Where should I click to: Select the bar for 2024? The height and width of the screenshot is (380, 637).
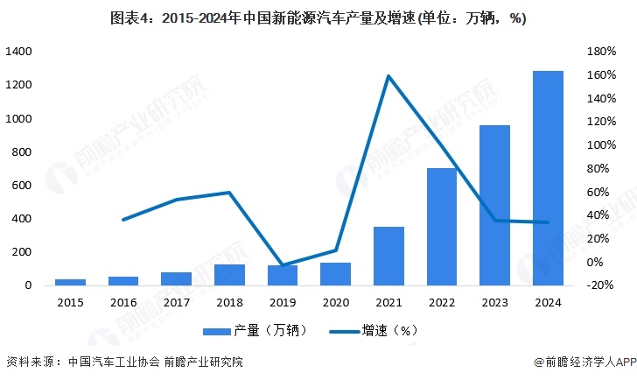tap(548, 179)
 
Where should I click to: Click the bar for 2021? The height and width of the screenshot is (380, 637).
tap(388, 256)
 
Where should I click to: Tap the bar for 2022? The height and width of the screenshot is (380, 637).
tap(442, 227)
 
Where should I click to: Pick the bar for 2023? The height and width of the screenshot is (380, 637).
tap(495, 206)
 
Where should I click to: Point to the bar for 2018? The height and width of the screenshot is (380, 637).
tap(229, 275)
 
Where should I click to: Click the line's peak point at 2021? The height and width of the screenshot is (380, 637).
tap(388, 76)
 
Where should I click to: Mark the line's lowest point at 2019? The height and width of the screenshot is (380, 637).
tap(283, 264)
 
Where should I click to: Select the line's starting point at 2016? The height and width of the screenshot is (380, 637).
tap(123, 219)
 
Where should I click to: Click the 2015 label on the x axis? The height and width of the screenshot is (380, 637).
tap(70, 302)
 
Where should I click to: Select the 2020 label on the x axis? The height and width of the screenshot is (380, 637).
tap(335, 302)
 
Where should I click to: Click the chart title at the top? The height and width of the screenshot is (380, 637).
tap(318, 18)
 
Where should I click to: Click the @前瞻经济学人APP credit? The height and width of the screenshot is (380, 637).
tap(582, 362)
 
